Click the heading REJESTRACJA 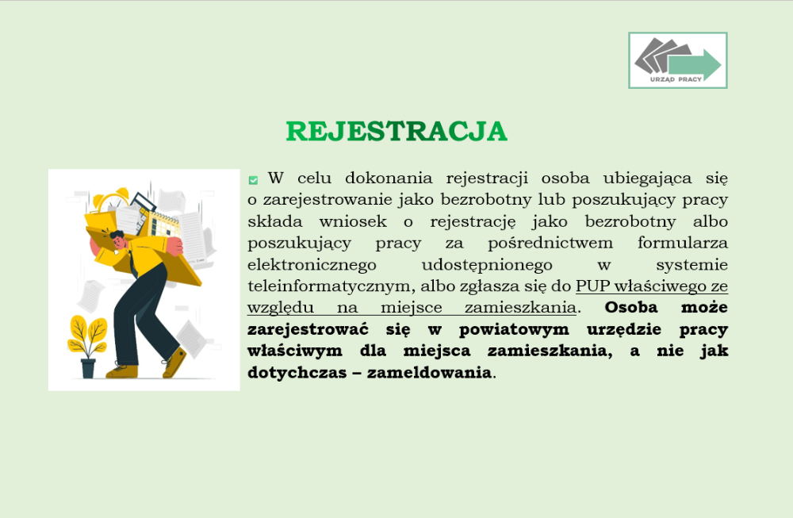396,132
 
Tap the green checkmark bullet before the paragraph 254,180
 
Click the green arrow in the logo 695,65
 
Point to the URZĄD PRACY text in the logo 676,79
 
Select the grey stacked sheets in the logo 656,55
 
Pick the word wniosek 353,221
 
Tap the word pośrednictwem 550,244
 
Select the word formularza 683,243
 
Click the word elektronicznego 312,265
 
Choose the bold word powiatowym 514,330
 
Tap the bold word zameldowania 429,373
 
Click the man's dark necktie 132,264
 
